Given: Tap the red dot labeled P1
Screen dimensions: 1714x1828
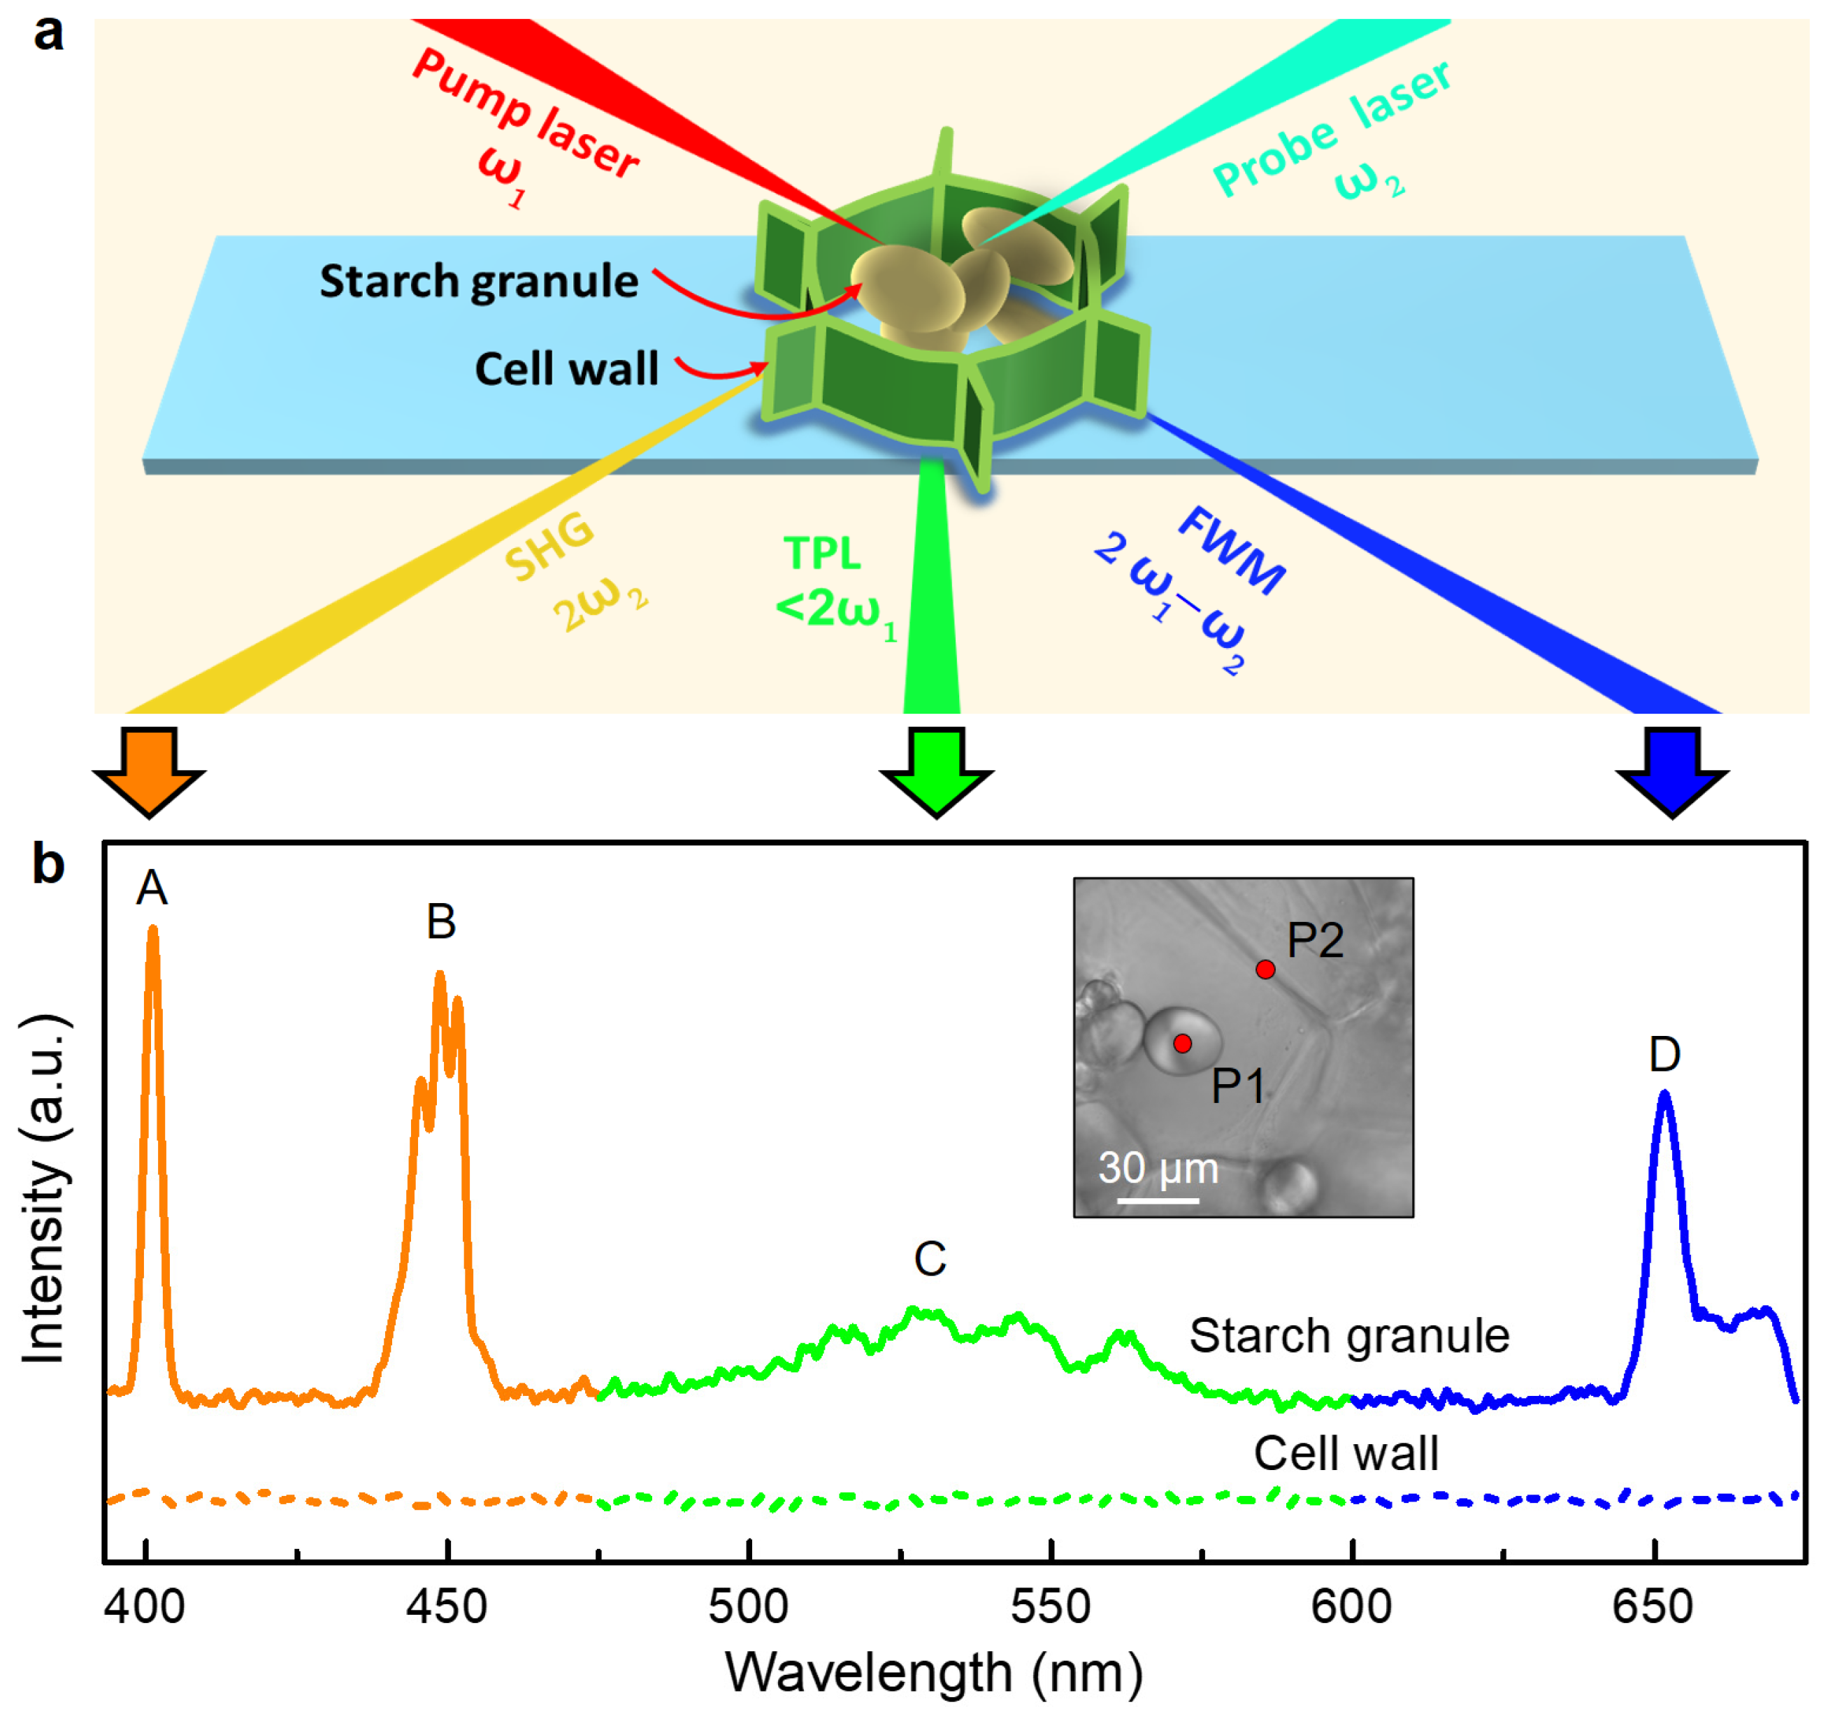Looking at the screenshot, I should (1183, 1043).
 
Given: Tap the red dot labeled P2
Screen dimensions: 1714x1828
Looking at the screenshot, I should (1265, 969).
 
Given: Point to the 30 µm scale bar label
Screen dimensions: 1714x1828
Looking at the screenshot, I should (1158, 1168).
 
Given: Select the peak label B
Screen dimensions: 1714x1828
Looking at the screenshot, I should (441, 921).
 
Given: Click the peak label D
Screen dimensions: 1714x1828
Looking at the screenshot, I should (1664, 1054).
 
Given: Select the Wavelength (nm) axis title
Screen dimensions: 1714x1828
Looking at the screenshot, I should (933, 1671).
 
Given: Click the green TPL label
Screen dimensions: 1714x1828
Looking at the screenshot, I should (822, 554).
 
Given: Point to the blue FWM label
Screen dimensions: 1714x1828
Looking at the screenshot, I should (1232, 550).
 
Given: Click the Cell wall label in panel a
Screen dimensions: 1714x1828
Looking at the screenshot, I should (566, 368).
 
